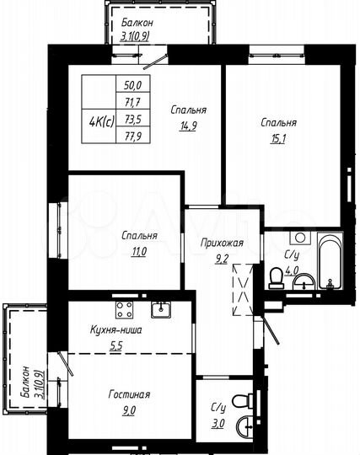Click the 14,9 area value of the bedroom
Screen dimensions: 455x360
click(189, 126)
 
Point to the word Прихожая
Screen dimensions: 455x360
click(223, 244)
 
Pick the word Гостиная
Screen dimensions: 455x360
click(129, 394)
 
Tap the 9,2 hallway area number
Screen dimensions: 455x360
click(222, 260)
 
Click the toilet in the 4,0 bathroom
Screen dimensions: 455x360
click(275, 278)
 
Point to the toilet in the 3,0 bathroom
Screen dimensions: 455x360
click(243, 401)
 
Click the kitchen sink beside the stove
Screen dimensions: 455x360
click(165, 309)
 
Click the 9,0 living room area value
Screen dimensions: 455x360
click(129, 411)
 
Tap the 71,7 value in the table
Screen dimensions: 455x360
click(133, 100)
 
